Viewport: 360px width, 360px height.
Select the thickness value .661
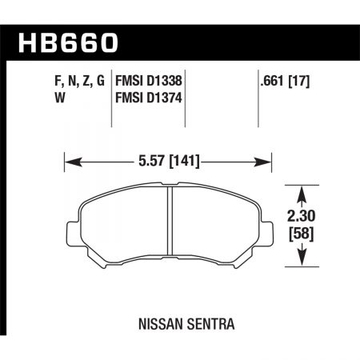[270, 81]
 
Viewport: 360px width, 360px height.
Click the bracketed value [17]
[301, 81]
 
